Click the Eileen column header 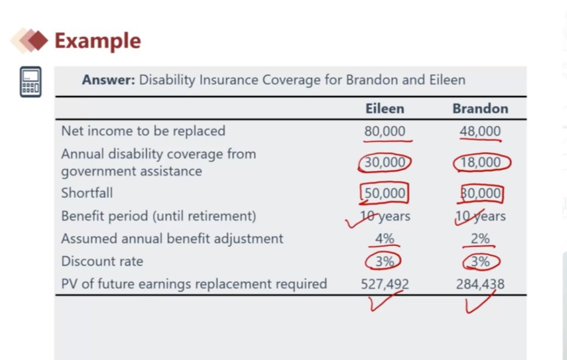coord(385,109)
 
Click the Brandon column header coord(480,109)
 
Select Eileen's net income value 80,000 coord(385,131)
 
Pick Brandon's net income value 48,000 coord(480,131)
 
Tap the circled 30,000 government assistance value coord(385,162)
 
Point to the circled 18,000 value coord(480,162)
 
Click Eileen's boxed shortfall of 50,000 coord(385,193)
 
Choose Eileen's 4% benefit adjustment coord(385,238)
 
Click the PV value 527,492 coord(385,284)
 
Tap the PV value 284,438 coord(480,284)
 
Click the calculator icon coord(30,82)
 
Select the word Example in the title coord(98,41)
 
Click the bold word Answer coord(109,79)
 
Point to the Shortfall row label coord(87,193)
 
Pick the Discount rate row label coord(102,261)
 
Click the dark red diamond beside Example coord(37,40)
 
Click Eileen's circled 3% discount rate coord(383,261)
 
